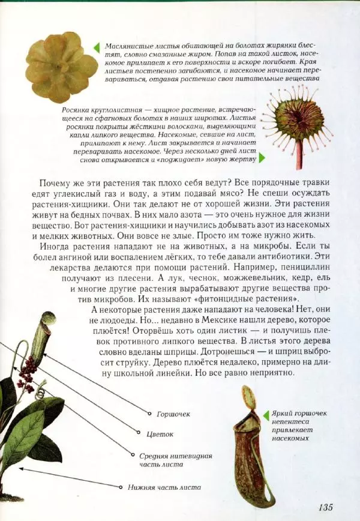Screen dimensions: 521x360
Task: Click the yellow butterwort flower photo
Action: coord(61,66)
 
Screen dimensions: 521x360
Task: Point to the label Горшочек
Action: coord(173,414)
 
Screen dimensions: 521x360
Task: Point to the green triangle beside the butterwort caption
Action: coord(97,46)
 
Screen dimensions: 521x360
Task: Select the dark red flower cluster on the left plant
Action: coord(27,372)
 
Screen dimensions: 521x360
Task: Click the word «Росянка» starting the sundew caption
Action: coord(77,111)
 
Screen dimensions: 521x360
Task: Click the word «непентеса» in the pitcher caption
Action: coord(289,423)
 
